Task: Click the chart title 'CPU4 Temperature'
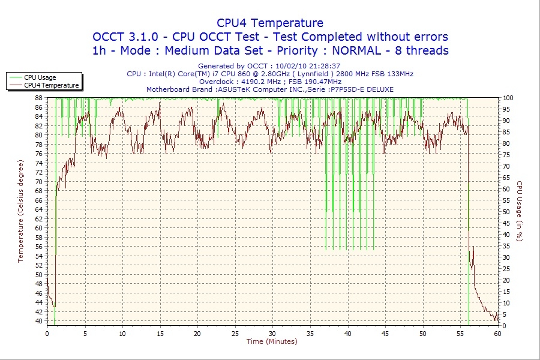(x=270, y=23)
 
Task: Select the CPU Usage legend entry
(x=40, y=77)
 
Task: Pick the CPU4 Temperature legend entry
(x=51, y=85)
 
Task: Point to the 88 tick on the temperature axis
(x=38, y=98)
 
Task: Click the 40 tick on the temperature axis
(x=38, y=321)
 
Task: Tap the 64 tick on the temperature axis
(x=38, y=209)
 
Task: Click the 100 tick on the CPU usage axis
(x=508, y=98)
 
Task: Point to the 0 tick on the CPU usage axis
(x=504, y=326)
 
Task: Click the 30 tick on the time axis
(x=272, y=333)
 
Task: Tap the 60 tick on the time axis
(x=498, y=333)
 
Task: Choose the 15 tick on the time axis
(x=160, y=333)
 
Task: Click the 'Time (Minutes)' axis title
(x=272, y=341)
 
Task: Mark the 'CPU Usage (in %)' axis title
(x=520, y=211)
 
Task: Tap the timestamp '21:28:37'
(x=324, y=66)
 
